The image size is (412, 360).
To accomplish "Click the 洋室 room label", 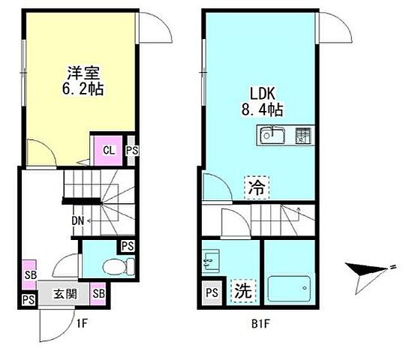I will [83, 73].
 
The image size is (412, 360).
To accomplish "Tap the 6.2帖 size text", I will [83, 88].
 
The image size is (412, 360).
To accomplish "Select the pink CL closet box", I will [108, 149].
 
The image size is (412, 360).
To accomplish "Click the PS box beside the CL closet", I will [131, 149].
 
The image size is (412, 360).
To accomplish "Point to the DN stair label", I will [77, 221].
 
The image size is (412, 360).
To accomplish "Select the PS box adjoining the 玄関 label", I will [28, 300].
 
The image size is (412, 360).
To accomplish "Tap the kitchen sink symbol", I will [272, 136].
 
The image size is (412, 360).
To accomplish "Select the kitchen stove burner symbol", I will [302, 136].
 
